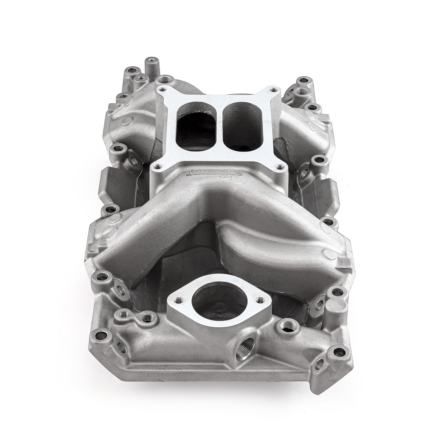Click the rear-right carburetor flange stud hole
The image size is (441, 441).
point(273,90)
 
